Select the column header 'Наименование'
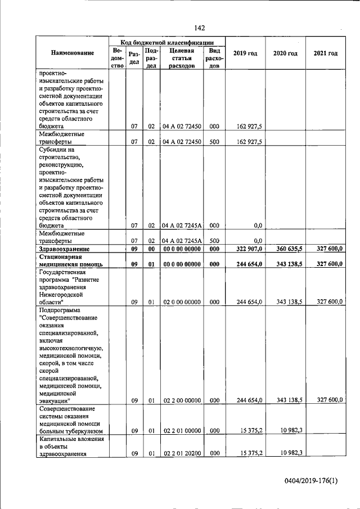[72, 53]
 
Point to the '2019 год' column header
[245, 53]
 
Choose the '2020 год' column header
[285, 53]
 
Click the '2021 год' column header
[325, 53]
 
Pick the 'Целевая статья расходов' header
[181, 57]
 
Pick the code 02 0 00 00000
[181, 302]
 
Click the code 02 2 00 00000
[181, 400]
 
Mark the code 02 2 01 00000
[181, 431]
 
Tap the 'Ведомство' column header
[117, 57]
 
